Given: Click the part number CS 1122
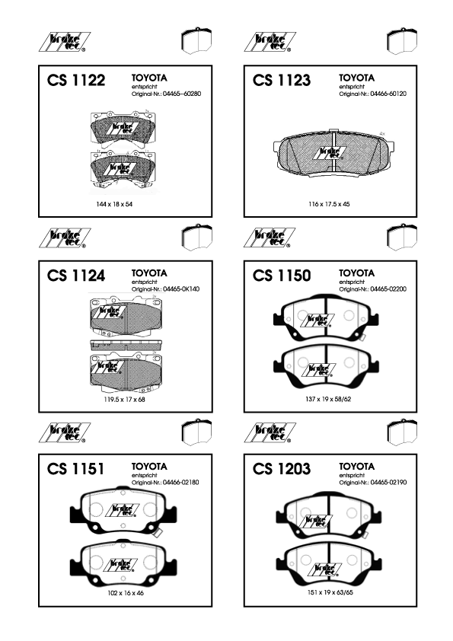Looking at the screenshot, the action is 76,80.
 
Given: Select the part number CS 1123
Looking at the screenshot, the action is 281,80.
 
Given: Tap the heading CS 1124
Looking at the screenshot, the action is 76,276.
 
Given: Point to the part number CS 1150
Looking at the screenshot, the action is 281,276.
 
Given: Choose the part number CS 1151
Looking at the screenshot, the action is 75,469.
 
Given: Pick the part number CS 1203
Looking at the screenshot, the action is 281,469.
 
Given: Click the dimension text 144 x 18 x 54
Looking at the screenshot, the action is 114,204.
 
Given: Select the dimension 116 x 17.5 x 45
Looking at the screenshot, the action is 329,204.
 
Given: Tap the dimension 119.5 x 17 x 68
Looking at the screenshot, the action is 124,400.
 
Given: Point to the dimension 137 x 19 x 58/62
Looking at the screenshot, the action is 328,399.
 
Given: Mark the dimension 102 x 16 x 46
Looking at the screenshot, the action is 126,593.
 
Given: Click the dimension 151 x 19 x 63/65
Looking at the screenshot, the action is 330,592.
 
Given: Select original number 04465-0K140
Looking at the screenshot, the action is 181,289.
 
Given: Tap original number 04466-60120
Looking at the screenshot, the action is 388,94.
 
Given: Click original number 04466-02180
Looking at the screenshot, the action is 180,483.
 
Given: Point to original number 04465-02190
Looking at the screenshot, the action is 388,483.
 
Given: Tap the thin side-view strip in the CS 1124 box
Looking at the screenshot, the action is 126,345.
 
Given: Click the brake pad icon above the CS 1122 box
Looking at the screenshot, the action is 196,40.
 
